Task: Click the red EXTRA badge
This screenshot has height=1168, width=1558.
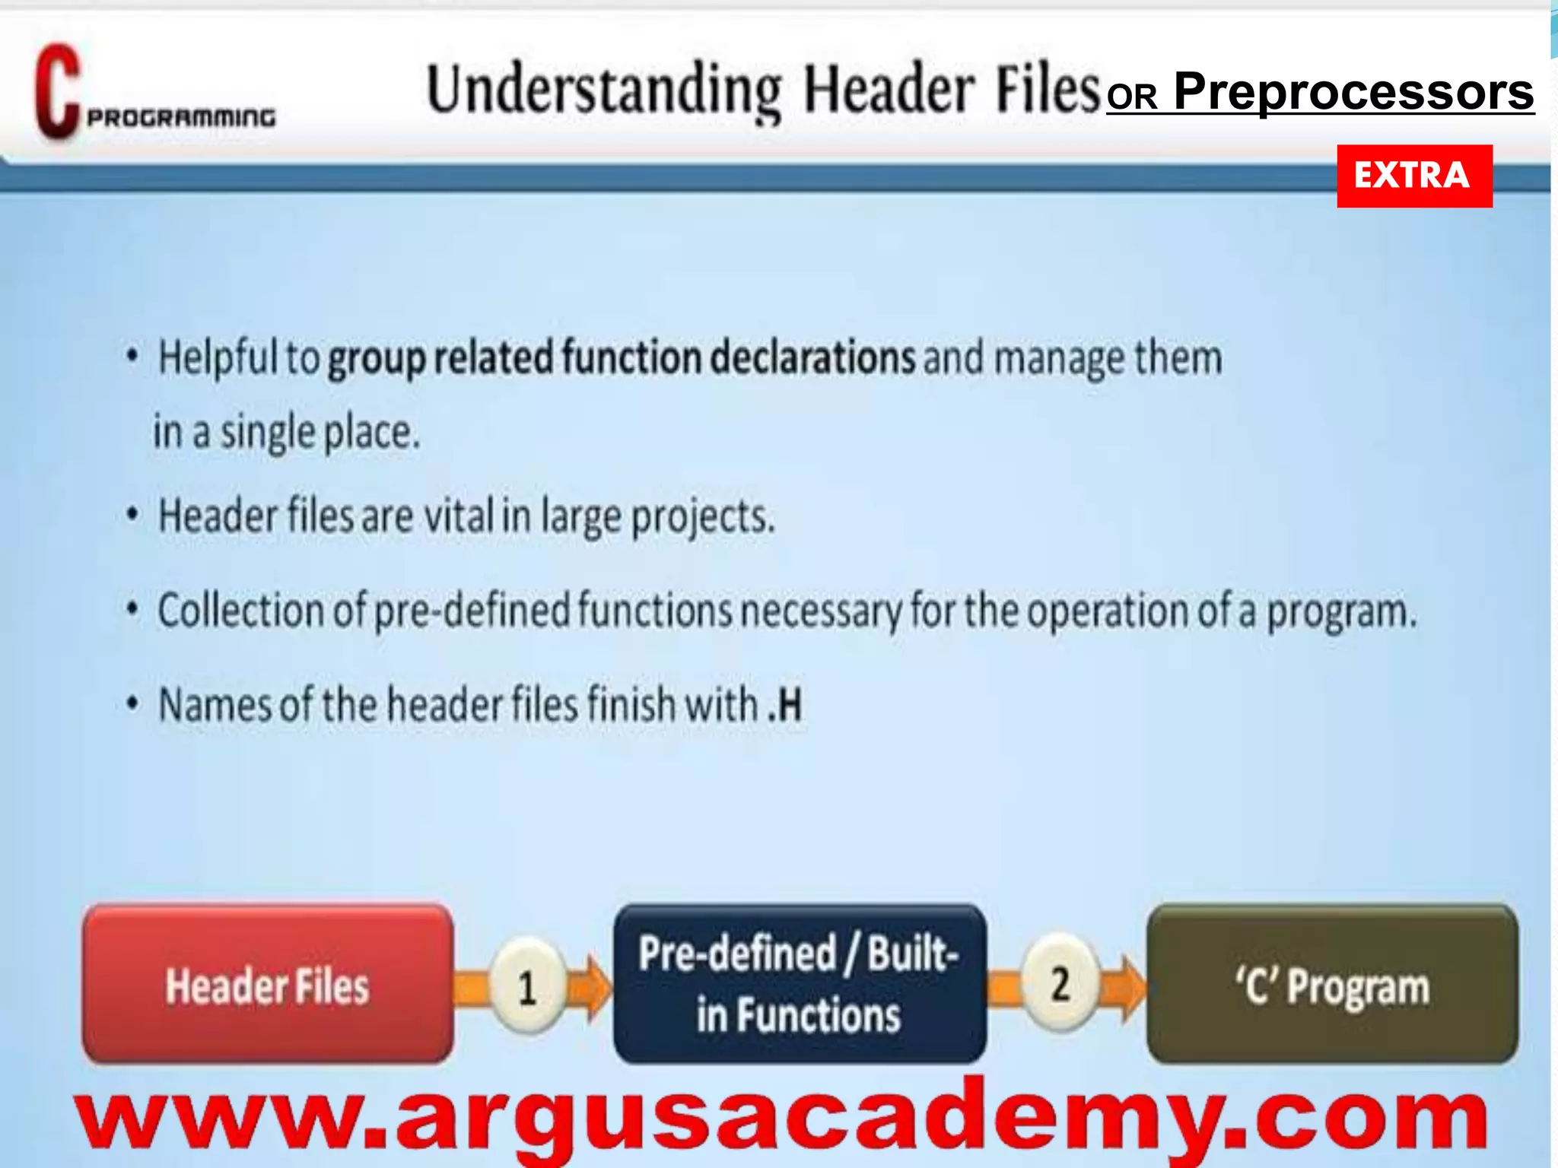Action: pyautogui.click(x=1414, y=176)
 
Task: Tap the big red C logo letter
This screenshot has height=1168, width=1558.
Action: pyautogui.click(x=56, y=93)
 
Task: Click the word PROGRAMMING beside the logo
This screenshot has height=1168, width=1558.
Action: pyautogui.click(x=181, y=118)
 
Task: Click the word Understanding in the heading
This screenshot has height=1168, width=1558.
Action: pyautogui.click(x=604, y=90)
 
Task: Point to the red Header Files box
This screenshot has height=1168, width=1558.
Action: pyautogui.click(x=267, y=985)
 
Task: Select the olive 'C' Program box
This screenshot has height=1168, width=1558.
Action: pyautogui.click(x=1332, y=985)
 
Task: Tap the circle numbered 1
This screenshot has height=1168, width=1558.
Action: pyautogui.click(x=526, y=987)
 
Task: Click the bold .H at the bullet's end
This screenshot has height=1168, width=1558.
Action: pyautogui.click(x=784, y=704)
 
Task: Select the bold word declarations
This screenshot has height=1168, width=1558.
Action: pyautogui.click(x=812, y=357)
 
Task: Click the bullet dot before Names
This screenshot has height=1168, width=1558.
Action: pyautogui.click(x=132, y=703)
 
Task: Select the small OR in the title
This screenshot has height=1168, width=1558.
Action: pyautogui.click(x=1132, y=97)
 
